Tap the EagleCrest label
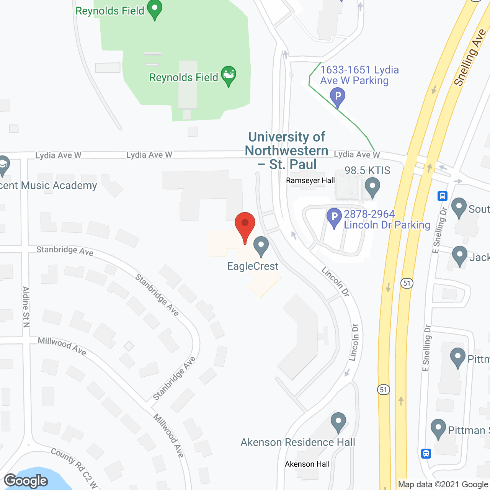click(x=253, y=266)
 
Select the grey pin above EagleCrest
click(x=261, y=246)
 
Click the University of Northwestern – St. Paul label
click(x=287, y=150)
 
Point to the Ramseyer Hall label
click(x=310, y=180)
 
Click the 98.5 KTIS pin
click(x=372, y=187)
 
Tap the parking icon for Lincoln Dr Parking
click(x=334, y=217)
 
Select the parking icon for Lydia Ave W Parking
click(x=338, y=96)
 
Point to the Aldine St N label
click(x=26, y=307)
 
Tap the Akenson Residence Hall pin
click(x=338, y=422)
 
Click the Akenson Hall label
click(x=307, y=464)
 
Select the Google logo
click(x=26, y=481)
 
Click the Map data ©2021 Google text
click(x=443, y=485)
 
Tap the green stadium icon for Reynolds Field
click(x=229, y=75)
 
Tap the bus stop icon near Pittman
click(x=426, y=454)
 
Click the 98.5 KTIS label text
click(x=367, y=170)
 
